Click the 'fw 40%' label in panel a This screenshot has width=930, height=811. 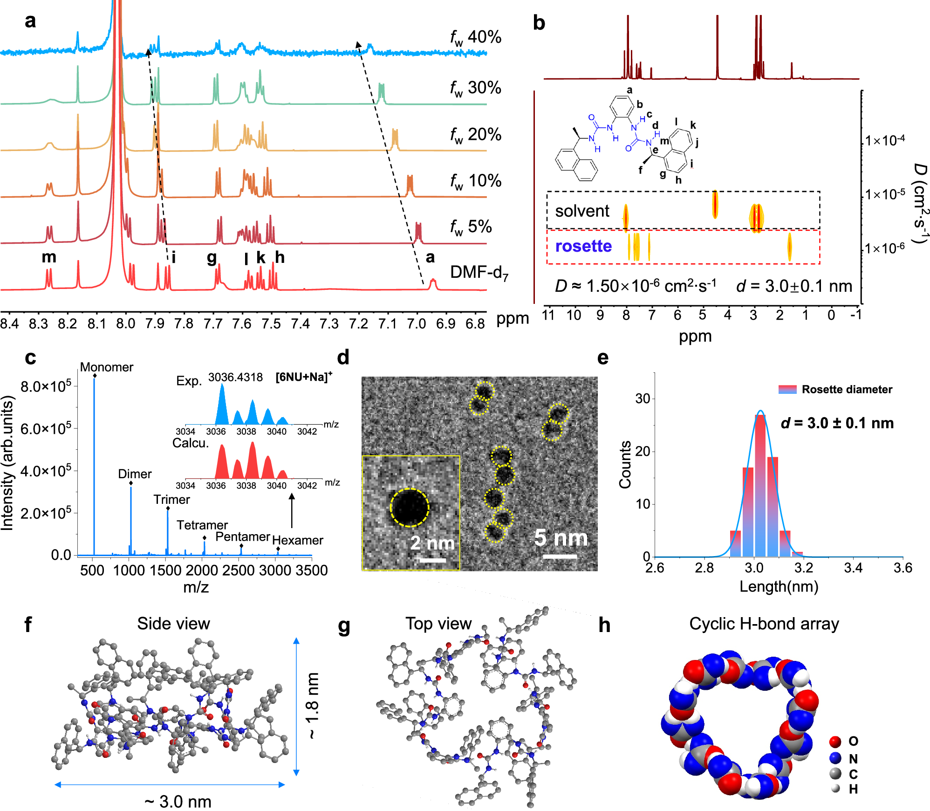(x=475, y=37)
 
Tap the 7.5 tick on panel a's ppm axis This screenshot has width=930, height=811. (x=271, y=323)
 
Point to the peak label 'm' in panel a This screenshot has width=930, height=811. (x=49, y=257)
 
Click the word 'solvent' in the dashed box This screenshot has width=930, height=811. (x=582, y=211)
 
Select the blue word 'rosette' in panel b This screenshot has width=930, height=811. (x=583, y=246)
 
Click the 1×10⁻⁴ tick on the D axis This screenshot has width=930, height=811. (x=884, y=140)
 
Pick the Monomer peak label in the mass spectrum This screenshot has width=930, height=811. (x=107, y=367)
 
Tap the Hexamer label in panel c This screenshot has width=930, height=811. (x=297, y=540)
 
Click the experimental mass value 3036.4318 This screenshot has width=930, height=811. (x=235, y=377)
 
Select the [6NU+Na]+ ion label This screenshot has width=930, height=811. (x=304, y=377)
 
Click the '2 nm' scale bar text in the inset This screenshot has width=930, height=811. (x=432, y=543)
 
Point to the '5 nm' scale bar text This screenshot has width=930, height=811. (x=561, y=538)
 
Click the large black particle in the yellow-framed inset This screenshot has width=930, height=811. (x=409, y=508)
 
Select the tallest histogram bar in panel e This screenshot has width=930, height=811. (x=760, y=485)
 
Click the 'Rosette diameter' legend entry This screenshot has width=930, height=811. (x=846, y=390)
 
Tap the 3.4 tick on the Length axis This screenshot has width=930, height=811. (x=853, y=568)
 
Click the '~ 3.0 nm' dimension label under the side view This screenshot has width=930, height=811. (x=178, y=801)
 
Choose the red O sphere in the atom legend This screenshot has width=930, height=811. (x=835, y=742)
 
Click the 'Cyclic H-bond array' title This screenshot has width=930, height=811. (x=764, y=624)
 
